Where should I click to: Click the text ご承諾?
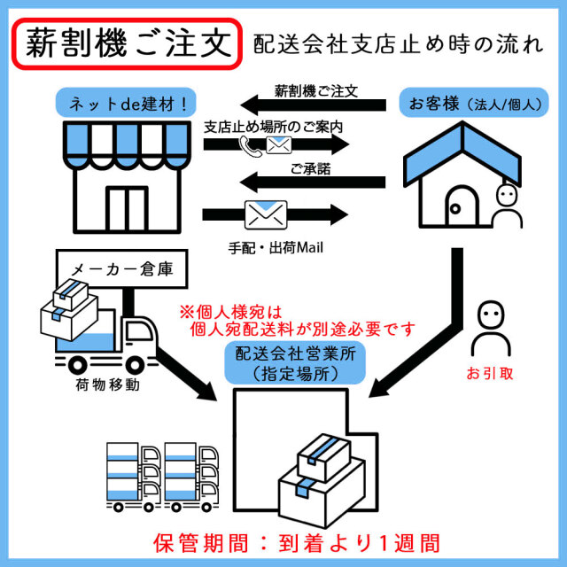(310, 168)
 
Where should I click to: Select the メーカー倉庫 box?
(121, 268)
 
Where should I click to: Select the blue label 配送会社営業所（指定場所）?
(287, 363)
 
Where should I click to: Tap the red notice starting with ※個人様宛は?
(297, 321)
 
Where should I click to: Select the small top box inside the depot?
(323, 452)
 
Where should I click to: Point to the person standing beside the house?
(507, 209)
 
